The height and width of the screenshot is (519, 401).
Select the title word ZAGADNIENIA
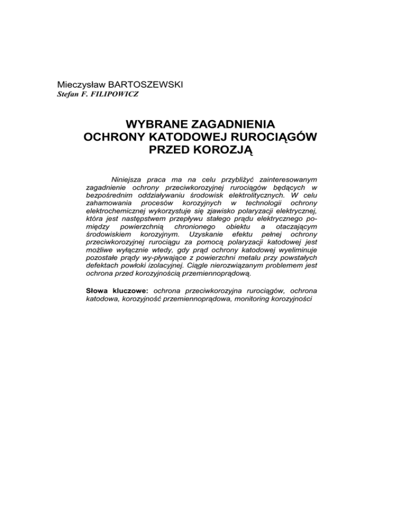click(235, 125)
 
